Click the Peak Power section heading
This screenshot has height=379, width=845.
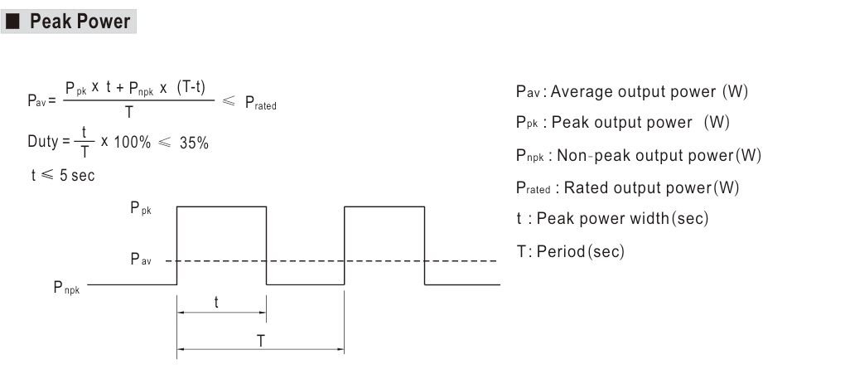click(x=80, y=22)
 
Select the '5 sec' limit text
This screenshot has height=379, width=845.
click(x=77, y=177)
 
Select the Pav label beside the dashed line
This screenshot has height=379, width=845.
click(x=141, y=260)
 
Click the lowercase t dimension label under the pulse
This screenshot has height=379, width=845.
click(x=216, y=303)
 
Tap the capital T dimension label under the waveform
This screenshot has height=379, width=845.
click(x=260, y=339)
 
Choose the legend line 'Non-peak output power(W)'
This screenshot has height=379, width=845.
click(x=638, y=155)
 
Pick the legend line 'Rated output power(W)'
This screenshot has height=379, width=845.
click(x=627, y=187)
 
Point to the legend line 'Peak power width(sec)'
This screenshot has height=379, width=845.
click(x=611, y=219)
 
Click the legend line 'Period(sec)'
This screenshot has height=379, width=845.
click(x=570, y=250)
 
